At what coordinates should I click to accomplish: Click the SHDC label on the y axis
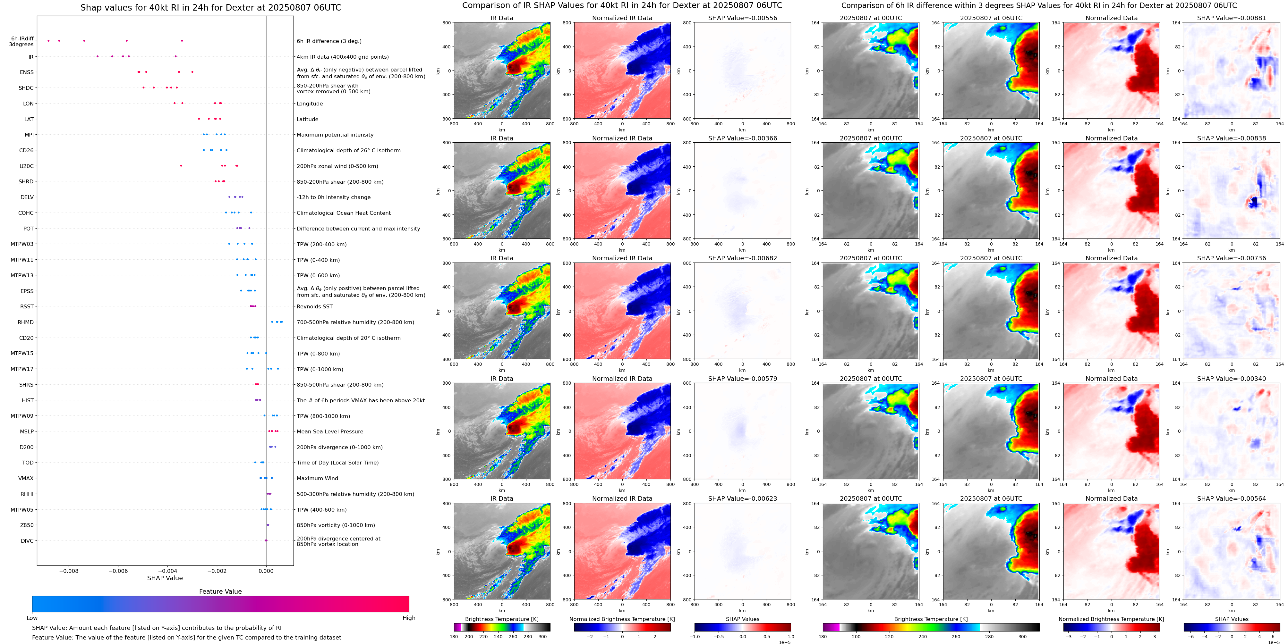pyautogui.click(x=26, y=88)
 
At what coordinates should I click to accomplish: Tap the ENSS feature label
pyautogui.click(x=27, y=72)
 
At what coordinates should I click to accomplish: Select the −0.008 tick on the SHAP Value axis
pyautogui.click(x=69, y=571)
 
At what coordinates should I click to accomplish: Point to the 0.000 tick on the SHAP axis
pyautogui.click(x=266, y=571)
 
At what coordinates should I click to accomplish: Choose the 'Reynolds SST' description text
pyautogui.click(x=314, y=307)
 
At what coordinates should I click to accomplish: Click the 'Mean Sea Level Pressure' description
pyautogui.click(x=329, y=432)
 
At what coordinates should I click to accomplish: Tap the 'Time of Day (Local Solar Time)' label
pyautogui.click(x=337, y=463)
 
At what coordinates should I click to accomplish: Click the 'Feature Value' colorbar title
pyautogui.click(x=220, y=591)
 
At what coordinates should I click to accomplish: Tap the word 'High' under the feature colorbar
pyautogui.click(x=408, y=618)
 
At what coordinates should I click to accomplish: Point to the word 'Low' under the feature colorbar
pyautogui.click(x=32, y=618)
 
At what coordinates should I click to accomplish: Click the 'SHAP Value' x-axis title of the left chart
pyautogui.click(x=165, y=578)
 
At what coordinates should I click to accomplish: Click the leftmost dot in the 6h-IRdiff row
pyautogui.click(x=48, y=40)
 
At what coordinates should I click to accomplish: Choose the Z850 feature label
pyautogui.click(x=27, y=525)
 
